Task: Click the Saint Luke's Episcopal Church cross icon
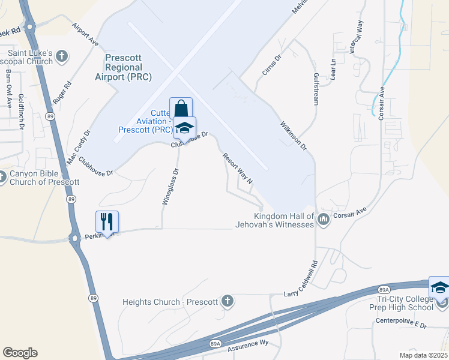point(62,57)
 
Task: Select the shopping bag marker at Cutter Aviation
point(181,109)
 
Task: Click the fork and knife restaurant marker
point(107,221)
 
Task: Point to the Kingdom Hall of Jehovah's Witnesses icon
point(324,220)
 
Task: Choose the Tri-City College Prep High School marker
point(439,287)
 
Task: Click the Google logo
point(20,353)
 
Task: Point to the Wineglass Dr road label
point(170,187)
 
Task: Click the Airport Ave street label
point(85,35)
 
